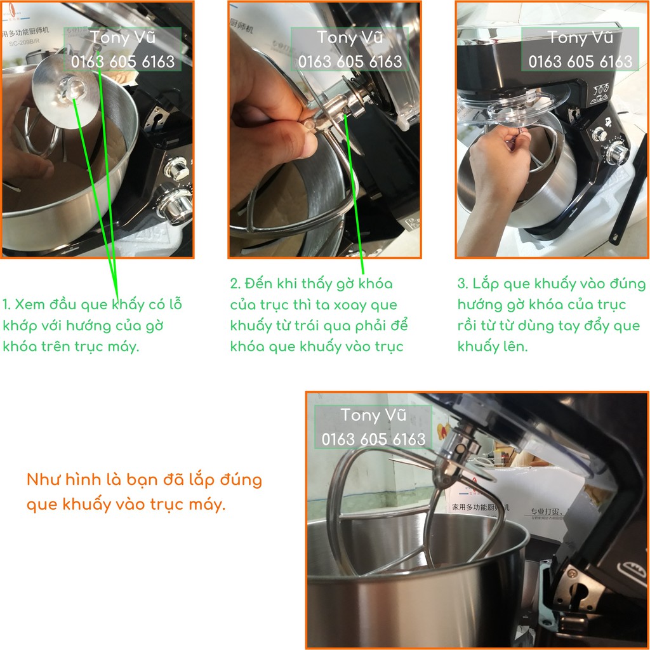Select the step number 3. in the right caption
click(x=463, y=284)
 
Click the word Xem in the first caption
click(x=30, y=305)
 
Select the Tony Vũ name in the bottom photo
click(x=373, y=415)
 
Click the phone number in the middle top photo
click(x=350, y=62)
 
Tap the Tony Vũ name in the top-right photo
click(x=580, y=37)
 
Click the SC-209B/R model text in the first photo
click(x=24, y=42)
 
